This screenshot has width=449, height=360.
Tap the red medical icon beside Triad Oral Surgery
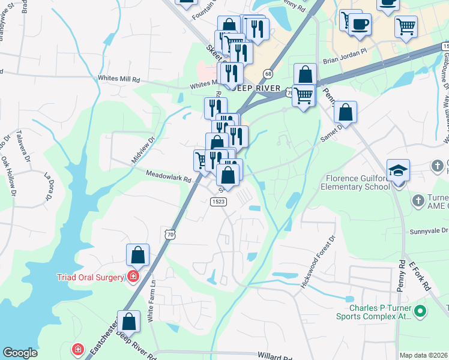click(x=131, y=277)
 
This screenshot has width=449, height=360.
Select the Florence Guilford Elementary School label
click(x=358, y=182)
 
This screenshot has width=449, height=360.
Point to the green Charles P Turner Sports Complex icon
click(x=420, y=311)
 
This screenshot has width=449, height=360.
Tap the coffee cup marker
click(x=360, y=25)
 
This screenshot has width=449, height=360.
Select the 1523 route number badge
click(x=218, y=202)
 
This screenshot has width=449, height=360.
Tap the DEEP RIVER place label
click(x=259, y=88)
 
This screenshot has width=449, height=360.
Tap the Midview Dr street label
click(x=143, y=151)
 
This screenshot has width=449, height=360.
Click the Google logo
click(x=20, y=353)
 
